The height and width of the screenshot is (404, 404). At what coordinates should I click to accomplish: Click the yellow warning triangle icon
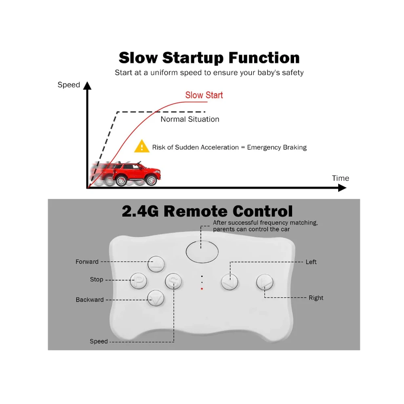141,146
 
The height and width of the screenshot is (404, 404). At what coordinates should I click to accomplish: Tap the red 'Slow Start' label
204,95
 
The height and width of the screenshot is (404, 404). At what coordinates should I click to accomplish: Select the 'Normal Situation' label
190,119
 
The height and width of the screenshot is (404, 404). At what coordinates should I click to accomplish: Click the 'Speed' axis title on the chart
69,85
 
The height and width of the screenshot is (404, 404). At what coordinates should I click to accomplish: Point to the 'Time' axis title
340,178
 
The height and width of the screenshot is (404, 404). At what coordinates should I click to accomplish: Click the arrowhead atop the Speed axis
87,85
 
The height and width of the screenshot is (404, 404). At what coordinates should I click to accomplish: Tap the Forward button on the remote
156,264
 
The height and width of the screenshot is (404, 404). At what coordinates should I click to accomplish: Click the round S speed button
173,281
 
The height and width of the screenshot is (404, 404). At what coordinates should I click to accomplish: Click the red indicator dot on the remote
202,289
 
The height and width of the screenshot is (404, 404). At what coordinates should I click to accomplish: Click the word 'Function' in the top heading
264,57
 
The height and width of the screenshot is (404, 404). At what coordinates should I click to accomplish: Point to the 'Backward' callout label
90,300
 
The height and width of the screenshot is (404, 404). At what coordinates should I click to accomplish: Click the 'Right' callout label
316,298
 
